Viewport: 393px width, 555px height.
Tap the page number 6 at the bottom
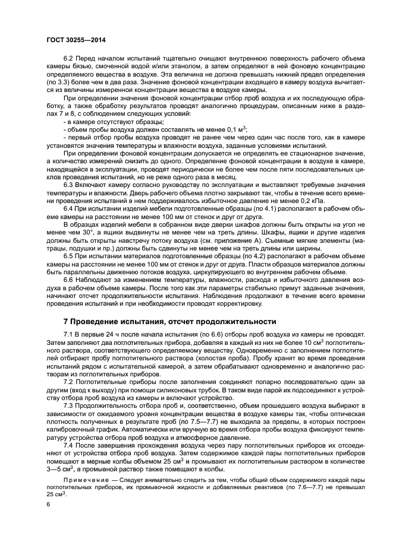pos(48,503)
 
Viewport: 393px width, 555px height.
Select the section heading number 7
pos(50,321)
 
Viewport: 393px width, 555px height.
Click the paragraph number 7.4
pos(68,443)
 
